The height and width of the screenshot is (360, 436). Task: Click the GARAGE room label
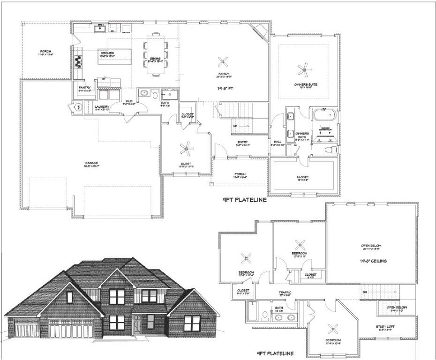[91, 163]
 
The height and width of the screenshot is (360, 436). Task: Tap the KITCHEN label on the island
[107, 53]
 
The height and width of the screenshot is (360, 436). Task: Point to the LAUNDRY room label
[102, 107]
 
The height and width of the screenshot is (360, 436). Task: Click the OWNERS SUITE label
[303, 85]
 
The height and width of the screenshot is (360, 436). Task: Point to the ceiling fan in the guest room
[187, 150]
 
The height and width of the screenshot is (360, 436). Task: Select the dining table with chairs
[155, 54]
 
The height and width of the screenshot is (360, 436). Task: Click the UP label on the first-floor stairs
[235, 126]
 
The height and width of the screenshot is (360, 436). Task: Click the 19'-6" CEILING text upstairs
[373, 261]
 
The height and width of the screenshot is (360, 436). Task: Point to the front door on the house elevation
[136, 324]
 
